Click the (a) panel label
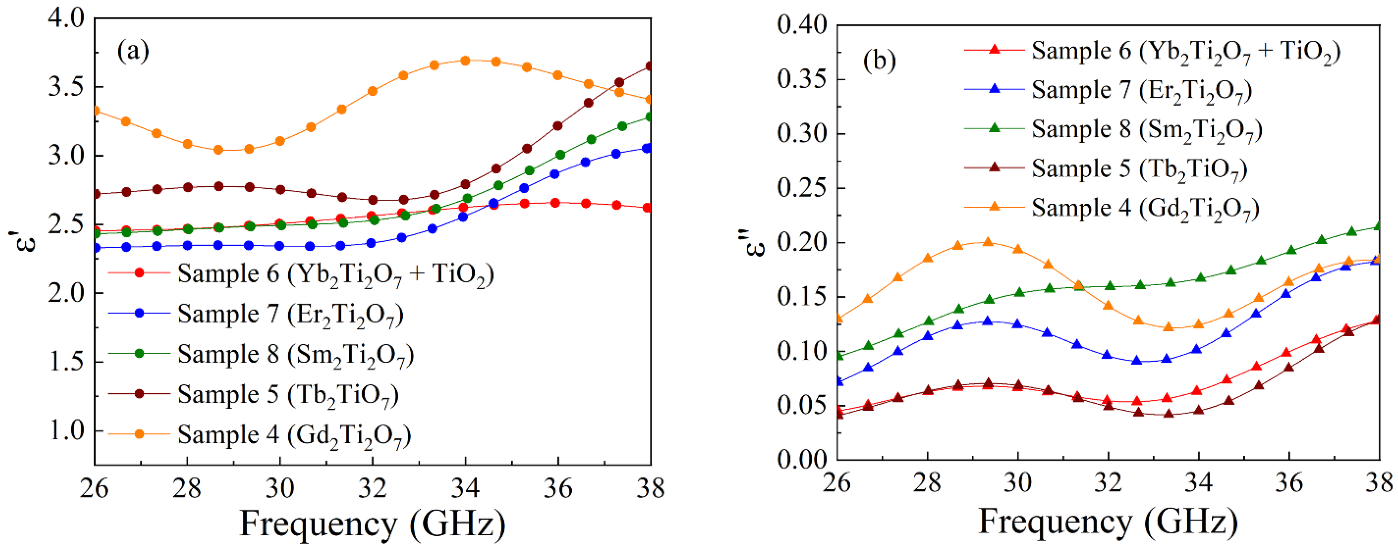(133, 51)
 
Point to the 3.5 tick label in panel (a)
(66, 87)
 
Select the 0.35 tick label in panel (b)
(802, 79)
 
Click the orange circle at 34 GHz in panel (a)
(465, 61)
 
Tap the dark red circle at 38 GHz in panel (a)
(649, 66)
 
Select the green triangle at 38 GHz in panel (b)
(1377, 226)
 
